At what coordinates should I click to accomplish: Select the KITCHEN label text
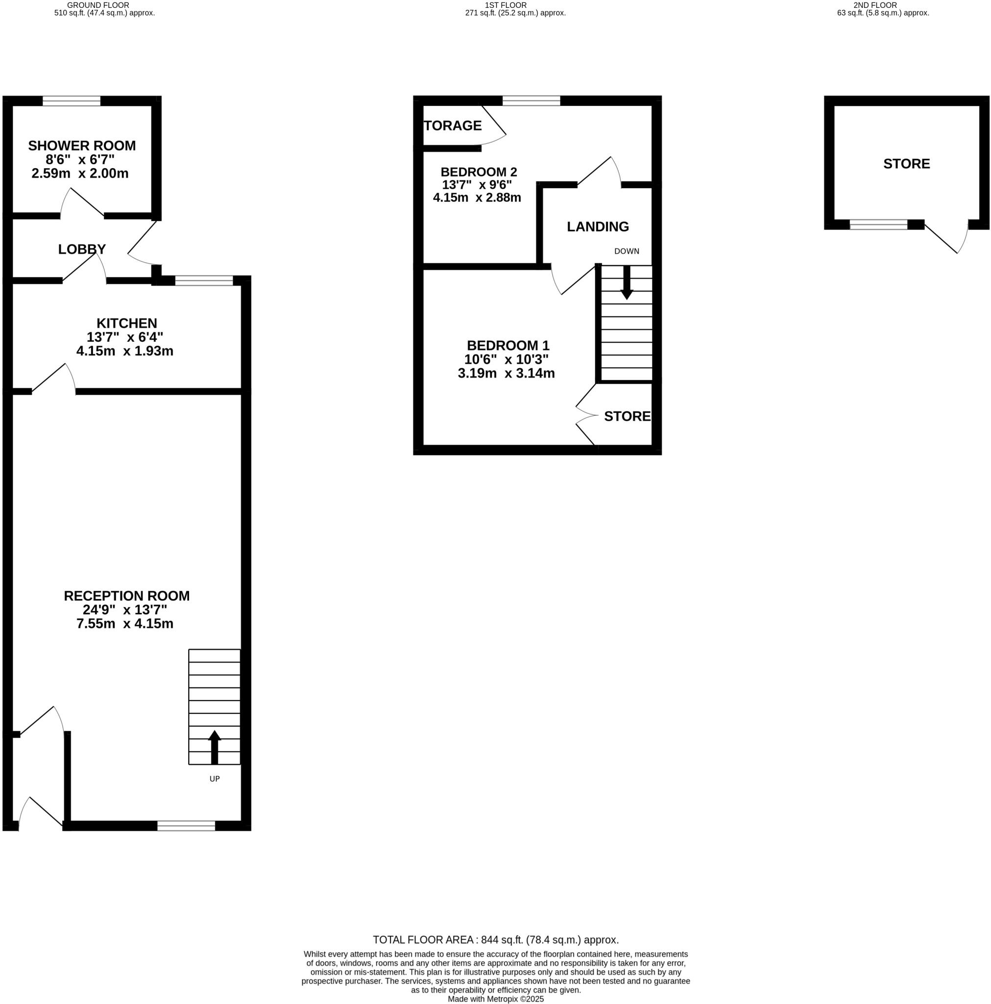click(126, 323)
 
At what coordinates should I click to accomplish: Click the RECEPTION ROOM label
click(126, 596)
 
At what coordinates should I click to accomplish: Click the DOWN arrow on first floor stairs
click(627, 283)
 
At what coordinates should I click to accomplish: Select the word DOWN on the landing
click(627, 251)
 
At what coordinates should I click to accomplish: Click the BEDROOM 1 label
click(508, 346)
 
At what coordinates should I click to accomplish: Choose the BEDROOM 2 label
click(479, 172)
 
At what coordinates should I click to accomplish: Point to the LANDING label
click(597, 226)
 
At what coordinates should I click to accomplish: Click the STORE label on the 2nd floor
click(906, 164)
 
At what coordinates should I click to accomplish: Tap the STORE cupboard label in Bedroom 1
click(627, 416)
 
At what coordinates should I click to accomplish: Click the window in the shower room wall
click(71, 101)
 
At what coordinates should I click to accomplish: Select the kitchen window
click(204, 281)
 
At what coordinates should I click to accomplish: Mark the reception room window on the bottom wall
click(186, 826)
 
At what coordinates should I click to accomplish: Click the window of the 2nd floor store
click(878, 225)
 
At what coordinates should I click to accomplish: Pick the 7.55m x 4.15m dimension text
click(124, 624)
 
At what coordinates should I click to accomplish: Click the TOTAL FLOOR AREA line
click(496, 940)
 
